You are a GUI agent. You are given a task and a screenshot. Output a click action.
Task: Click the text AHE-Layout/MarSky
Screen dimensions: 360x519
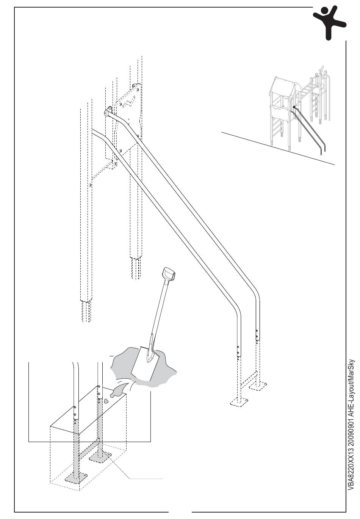point(351,383)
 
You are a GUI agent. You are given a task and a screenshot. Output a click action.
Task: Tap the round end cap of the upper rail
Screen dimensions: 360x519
point(107,113)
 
